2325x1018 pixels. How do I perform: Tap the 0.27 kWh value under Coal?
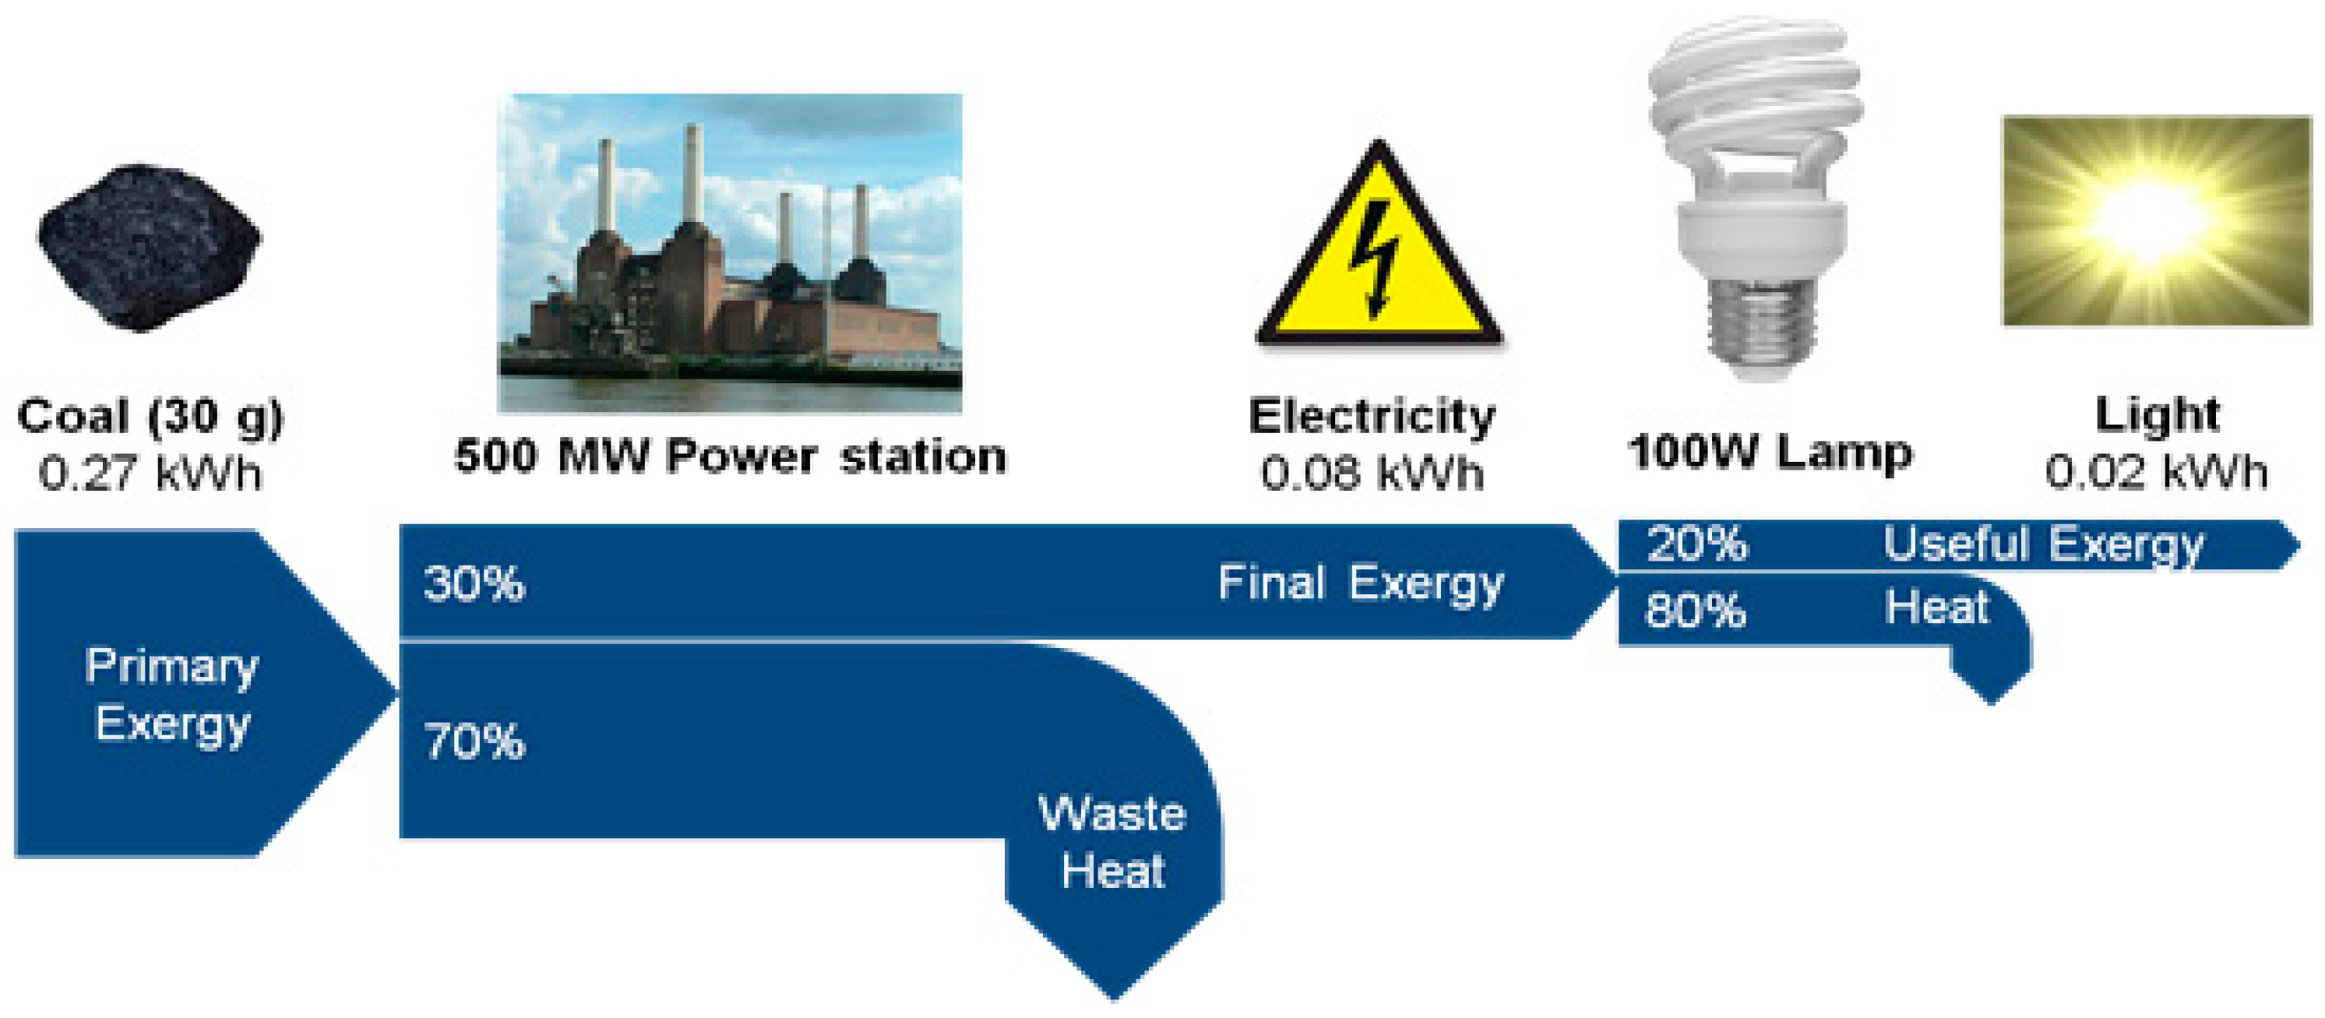click(x=150, y=473)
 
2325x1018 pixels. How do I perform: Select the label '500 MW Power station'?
click(x=729, y=456)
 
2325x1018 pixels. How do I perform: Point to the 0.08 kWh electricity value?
click(x=1372, y=473)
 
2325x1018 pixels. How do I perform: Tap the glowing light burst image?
click(x=2155, y=220)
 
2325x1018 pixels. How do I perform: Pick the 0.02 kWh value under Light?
click(x=2155, y=471)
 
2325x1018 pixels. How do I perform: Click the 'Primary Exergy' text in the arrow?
click(x=171, y=695)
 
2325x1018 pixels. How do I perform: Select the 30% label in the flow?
click(x=474, y=583)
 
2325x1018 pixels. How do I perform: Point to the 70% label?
click(x=474, y=741)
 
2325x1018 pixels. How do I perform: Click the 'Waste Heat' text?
click(x=1112, y=841)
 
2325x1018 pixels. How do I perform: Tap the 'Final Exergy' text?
click(x=1360, y=583)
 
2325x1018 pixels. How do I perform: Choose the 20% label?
click(x=1696, y=544)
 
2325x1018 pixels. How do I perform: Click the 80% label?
click(x=1695, y=610)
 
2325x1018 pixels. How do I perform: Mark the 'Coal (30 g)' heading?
click(x=150, y=416)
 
